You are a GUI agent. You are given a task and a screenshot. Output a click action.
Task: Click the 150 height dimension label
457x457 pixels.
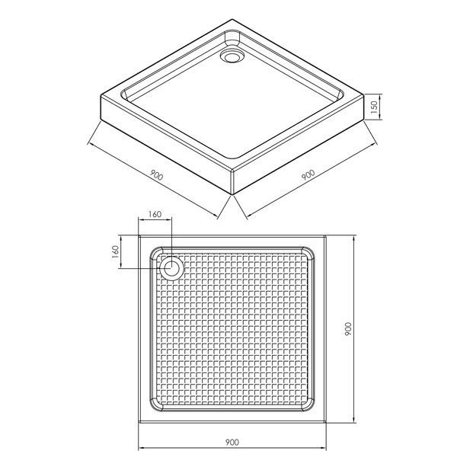tap(375, 107)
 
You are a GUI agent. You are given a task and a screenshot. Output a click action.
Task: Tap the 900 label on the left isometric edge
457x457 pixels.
tap(156, 175)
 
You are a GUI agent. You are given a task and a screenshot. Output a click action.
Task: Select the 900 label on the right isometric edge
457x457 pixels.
tap(308, 175)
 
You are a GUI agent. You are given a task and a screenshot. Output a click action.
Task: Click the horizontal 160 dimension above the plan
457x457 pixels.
tap(155, 214)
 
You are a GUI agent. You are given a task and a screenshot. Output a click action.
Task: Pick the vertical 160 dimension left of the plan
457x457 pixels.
tap(116, 252)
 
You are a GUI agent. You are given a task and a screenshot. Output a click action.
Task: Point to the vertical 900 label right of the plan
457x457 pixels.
tap(348, 329)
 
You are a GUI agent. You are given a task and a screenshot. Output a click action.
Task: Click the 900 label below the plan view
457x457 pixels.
tap(232, 442)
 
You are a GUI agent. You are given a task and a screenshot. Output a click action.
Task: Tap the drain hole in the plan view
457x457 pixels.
tap(171, 268)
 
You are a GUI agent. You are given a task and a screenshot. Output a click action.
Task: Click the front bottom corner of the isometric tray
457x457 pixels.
tap(232, 194)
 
